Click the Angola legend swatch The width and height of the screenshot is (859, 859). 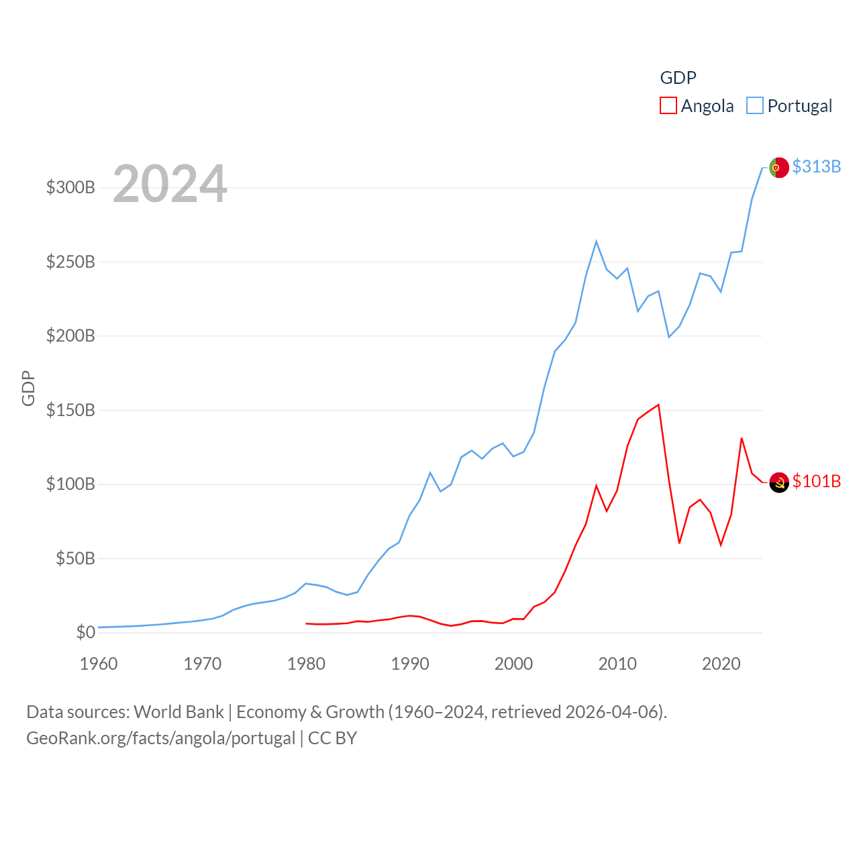pos(668,105)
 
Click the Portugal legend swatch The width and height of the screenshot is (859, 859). pos(755,105)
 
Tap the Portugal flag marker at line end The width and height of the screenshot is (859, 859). pos(778,167)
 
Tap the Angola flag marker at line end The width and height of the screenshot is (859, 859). pos(778,482)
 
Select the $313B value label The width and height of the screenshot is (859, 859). pos(816,166)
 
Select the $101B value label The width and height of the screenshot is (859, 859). pos(816,481)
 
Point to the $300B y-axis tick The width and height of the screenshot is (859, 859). pos(70,187)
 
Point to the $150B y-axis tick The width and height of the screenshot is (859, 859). pos(70,410)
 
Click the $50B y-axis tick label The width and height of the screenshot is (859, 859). pos(75,558)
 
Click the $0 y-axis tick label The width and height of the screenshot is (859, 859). pos(85,632)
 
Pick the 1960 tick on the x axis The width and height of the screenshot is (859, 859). pos(99,664)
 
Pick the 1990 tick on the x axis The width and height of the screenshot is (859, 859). pos(410,664)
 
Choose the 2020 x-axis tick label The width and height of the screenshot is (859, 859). pos(721,664)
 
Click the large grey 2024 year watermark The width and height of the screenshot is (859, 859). pos(170,184)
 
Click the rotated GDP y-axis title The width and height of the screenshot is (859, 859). pos(28,388)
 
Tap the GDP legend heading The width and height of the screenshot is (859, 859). pos(678,78)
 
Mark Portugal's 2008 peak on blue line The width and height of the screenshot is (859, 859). pos(596,242)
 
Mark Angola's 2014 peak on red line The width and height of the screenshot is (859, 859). pos(659,405)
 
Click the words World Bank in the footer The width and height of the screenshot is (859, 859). pos(179,711)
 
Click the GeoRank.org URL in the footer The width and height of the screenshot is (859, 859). pos(160,738)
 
